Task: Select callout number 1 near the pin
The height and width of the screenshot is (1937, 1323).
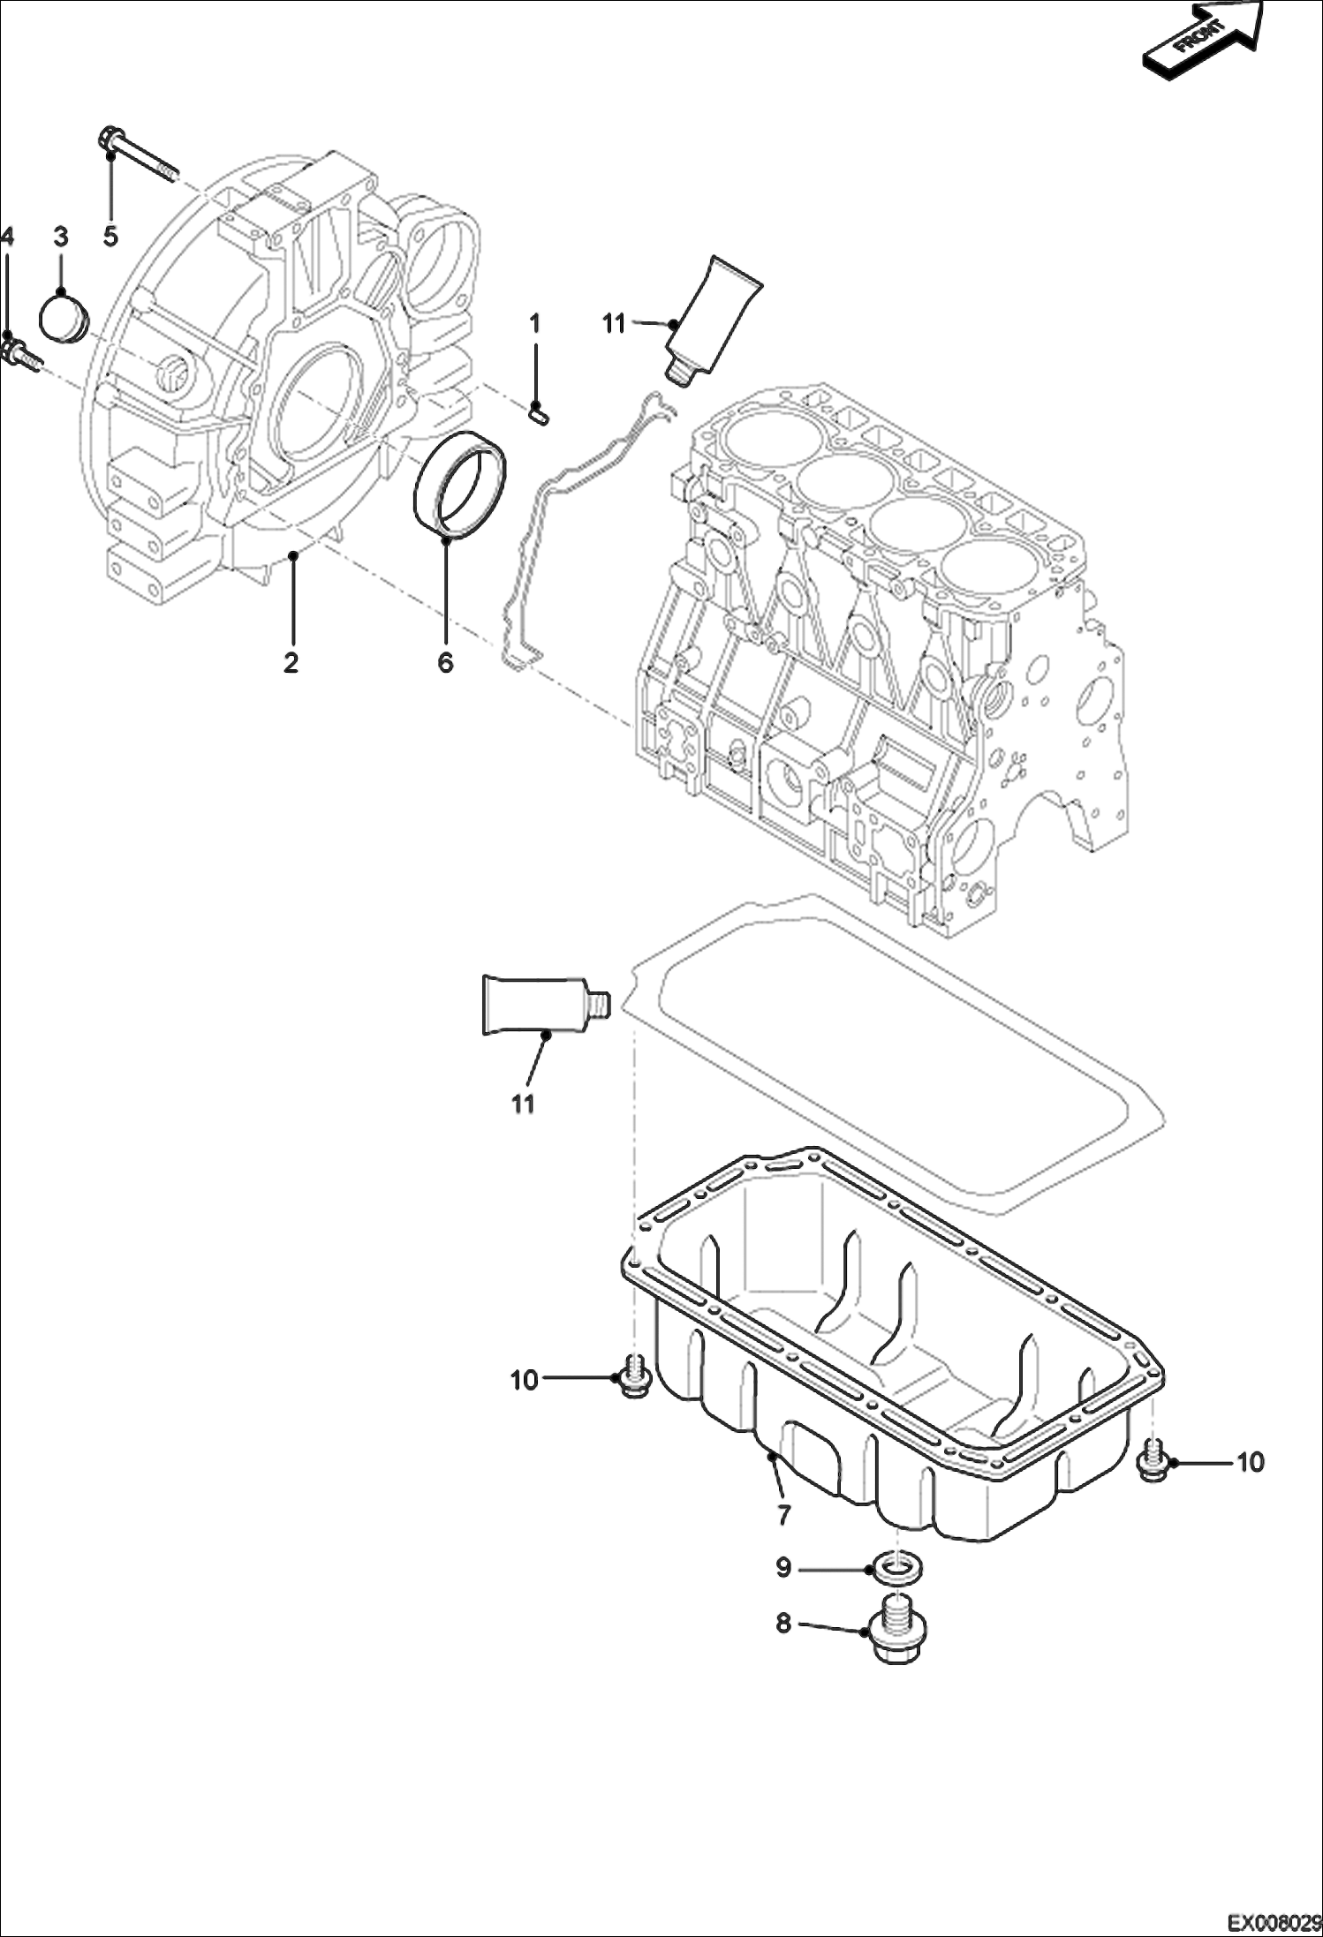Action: click(534, 324)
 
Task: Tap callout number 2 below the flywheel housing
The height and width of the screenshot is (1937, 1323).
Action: click(291, 662)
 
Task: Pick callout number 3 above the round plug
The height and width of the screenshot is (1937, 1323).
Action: click(60, 237)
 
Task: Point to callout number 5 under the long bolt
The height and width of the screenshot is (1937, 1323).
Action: click(110, 237)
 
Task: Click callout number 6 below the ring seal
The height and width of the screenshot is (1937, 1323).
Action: click(445, 662)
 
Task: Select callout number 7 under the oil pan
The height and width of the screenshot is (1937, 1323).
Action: click(782, 1515)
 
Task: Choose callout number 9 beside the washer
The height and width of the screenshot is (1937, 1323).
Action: click(783, 1567)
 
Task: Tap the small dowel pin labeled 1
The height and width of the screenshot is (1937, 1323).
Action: click(539, 411)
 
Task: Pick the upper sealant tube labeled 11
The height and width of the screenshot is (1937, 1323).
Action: click(713, 319)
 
